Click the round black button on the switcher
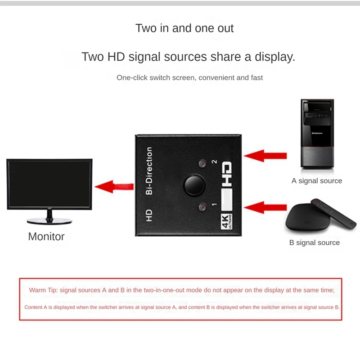coord(194,185)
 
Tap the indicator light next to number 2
coord(202,163)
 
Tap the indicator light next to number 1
coord(202,207)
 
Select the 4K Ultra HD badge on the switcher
coord(226,221)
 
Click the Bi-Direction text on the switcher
coord(149,171)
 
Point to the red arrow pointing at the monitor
coord(114,186)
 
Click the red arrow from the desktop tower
coord(265,156)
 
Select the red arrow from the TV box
coord(265,207)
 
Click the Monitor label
coord(46,237)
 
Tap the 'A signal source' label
coord(317,181)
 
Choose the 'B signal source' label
coord(314,243)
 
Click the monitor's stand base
coord(49,221)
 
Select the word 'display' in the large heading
coord(275,57)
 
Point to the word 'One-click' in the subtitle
coord(132,77)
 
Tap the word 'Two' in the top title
coord(146,28)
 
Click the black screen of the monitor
coord(49,183)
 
